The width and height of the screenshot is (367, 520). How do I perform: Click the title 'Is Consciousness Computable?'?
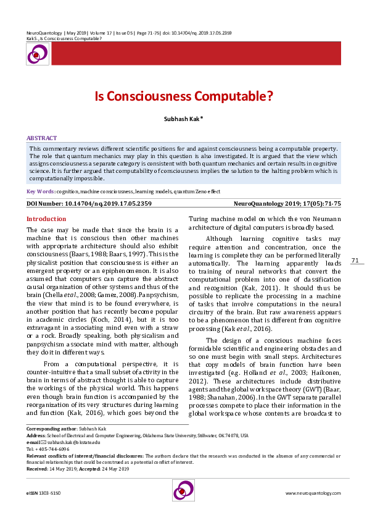click(183, 96)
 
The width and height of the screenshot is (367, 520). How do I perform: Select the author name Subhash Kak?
click(183, 119)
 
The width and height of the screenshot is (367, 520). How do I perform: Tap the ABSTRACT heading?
click(42, 138)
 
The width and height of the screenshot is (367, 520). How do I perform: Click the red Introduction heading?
click(46, 219)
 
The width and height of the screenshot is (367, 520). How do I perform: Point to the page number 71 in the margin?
click(355, 261)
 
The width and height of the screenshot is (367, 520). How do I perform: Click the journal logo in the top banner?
click(36, 54)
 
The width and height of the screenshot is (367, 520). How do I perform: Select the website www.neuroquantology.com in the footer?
click(313, 493)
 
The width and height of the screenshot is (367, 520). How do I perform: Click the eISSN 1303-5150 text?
click(43, 493)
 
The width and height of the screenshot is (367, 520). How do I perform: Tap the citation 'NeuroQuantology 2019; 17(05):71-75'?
click(287, 203)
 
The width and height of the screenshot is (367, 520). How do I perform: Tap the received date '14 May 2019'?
click(62, 469)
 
